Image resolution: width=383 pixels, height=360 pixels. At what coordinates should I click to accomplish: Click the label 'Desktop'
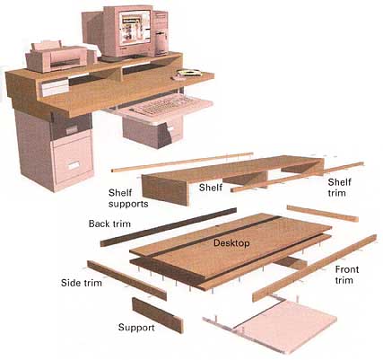(x=231, y=242)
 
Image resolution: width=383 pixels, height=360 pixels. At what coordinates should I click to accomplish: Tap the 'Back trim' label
(x=109, y=224)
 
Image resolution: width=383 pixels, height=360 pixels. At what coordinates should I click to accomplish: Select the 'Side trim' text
(x=82, y=283)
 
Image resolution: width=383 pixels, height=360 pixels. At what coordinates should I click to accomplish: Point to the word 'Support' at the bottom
(x=136, y=328)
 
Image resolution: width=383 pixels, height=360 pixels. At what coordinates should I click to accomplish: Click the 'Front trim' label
(x=346, y=275)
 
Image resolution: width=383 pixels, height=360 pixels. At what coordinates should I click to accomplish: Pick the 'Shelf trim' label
(x=339, y=188)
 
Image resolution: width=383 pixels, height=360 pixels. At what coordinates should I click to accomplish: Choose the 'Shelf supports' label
(x=128, y=198)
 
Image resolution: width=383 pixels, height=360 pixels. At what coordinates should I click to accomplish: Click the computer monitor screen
(x=135, y=26)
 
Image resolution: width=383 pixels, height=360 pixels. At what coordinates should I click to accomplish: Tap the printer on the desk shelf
(x=61, y=56)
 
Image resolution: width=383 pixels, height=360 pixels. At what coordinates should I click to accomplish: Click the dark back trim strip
(x=169, y=227)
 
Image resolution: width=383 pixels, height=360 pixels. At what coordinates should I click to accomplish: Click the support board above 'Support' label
(x=158, y=315)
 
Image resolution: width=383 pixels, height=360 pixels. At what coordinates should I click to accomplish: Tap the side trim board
(x=126, y=280)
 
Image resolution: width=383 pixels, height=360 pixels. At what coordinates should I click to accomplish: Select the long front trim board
(x=314, y=268)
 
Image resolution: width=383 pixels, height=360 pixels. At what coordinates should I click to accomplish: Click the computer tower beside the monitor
(x=161, y=33)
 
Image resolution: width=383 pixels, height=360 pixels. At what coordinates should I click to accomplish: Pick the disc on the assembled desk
(x=189, y=73)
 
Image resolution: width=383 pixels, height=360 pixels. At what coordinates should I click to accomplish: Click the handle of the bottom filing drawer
(x=74, y=165)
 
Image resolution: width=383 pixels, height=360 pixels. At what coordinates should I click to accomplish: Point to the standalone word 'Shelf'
(x=211, y=188)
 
